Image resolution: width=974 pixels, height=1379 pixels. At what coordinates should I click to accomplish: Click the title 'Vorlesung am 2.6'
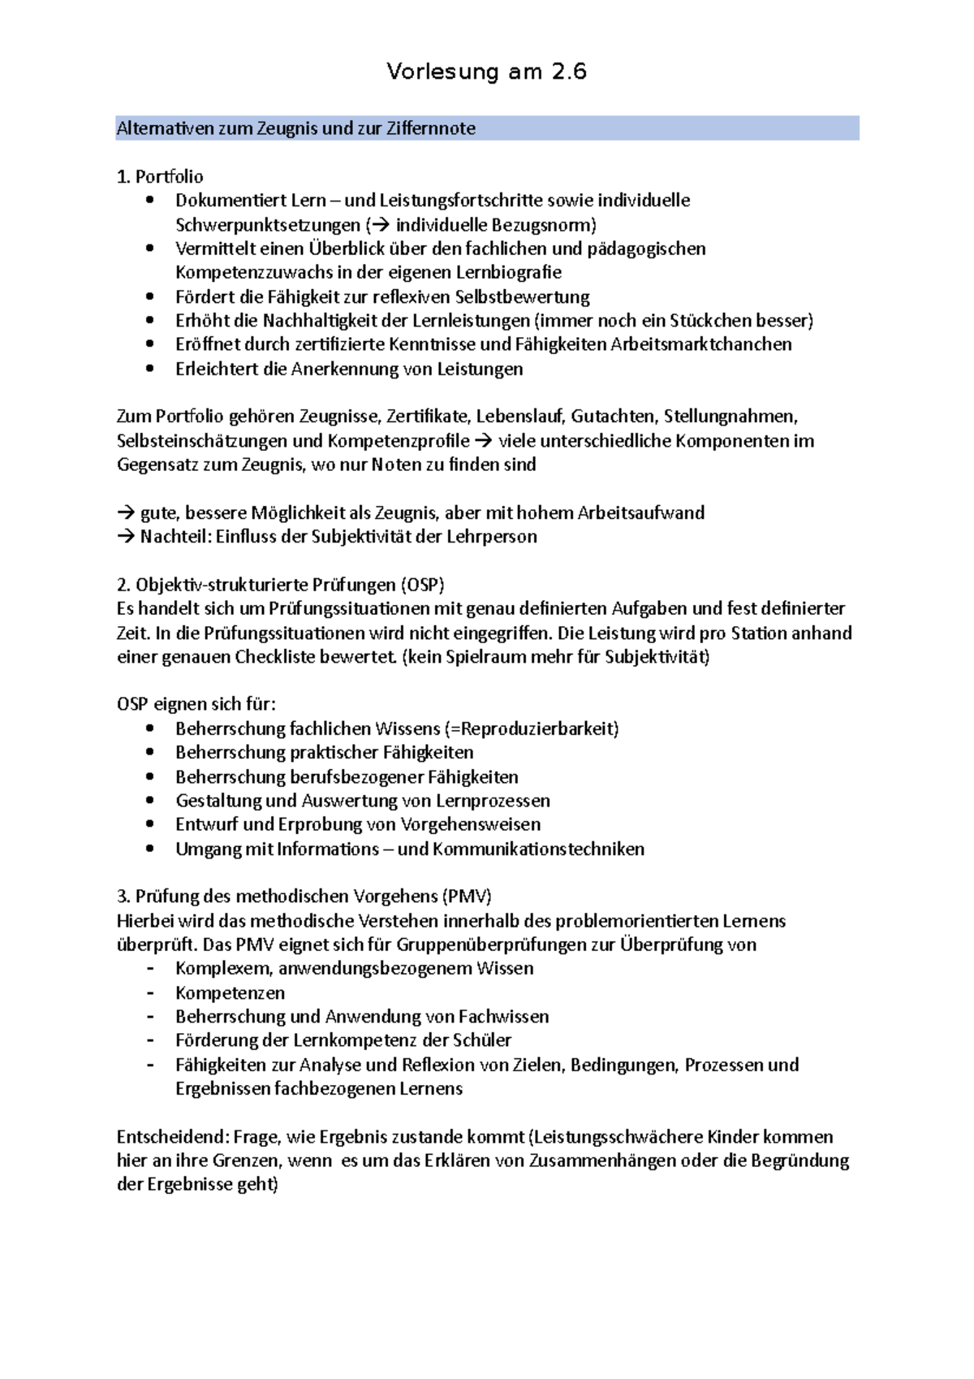click(x=486, y=72)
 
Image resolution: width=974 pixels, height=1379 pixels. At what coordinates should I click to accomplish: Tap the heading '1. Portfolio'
click(x=160, y=176)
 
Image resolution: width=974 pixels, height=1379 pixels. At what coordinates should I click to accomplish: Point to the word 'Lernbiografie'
click(x=508, y=272)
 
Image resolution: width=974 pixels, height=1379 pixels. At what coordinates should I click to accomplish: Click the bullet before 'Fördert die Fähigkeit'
click(x=149, y=296)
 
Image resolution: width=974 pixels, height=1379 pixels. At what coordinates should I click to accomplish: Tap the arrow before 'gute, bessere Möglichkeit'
click(x=126, y=513)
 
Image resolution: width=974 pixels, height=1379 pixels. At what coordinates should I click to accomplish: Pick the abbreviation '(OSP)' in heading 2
click(x=422, y=585)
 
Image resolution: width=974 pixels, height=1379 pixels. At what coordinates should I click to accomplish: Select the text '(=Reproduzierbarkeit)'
click(x=532, y=728)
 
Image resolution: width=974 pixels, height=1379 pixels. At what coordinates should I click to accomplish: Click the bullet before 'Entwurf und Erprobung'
click(x=149, y=824)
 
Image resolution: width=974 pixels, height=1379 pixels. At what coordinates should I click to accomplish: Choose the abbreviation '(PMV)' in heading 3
click(x=467, y=897)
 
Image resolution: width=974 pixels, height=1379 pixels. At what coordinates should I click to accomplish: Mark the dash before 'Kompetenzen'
click(x=149, y=992)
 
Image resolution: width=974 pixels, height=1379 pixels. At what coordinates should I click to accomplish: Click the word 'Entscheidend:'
click(x=172, y=1137)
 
